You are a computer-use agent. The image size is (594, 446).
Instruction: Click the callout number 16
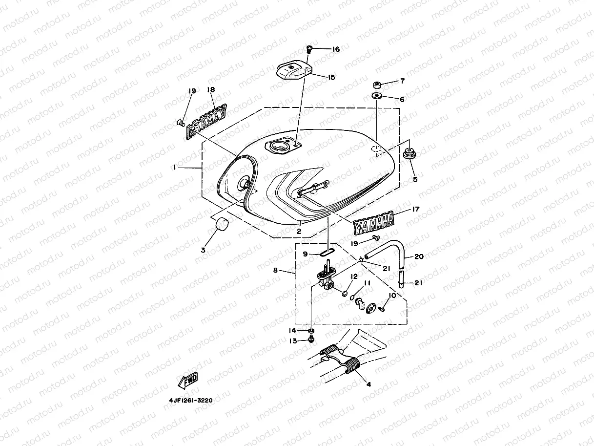[335, 49]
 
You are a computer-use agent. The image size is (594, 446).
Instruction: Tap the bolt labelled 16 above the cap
[309, 49]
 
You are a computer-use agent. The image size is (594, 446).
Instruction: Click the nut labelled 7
[377, 82]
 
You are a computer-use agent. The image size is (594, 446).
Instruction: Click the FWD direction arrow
[188, 380]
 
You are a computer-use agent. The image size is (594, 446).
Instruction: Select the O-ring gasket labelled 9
[328, 252]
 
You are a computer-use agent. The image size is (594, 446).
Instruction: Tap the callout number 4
[369, 384]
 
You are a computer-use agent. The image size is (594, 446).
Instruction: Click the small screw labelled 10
[382, 309]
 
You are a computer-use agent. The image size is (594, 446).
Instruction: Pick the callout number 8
[275, 269]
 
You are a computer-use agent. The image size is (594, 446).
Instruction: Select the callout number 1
[174, 168]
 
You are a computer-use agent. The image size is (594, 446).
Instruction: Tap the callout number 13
[293, 341]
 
